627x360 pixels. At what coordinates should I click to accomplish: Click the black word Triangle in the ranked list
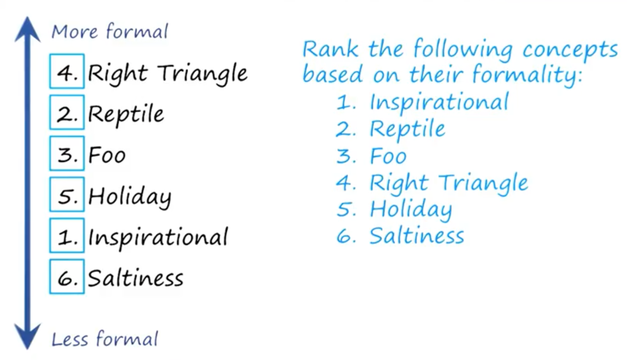202,74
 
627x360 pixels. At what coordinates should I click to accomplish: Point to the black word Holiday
129,197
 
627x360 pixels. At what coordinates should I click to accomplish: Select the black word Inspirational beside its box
158,238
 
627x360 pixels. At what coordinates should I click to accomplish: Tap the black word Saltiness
136,278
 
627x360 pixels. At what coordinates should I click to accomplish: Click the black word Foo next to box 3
107,155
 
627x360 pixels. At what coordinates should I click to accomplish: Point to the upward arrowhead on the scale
27,29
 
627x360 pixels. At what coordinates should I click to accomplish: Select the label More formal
110,31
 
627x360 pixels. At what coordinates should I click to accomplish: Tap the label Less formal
105,339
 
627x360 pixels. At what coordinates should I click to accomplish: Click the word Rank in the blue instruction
330,49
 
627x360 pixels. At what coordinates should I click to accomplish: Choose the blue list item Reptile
407,129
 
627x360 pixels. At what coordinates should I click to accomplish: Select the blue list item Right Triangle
448,184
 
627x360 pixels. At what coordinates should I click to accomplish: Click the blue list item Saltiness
417,235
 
